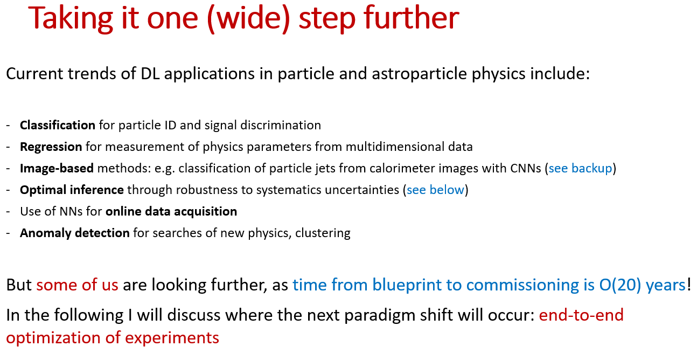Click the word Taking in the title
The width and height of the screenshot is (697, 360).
tap(71, 19)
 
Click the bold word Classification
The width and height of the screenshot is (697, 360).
tap(58, 125)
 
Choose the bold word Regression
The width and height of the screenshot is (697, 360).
tap(51, 147)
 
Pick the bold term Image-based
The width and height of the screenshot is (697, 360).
tap(57, 169)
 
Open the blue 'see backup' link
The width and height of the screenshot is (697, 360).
tap(580, 169)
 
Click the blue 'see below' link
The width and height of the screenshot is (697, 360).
tap(435, 190)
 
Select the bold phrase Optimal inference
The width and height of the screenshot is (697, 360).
tap(72, 190)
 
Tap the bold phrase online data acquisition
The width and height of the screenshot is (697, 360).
tap(171, 212)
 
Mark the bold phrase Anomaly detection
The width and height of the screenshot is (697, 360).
tap(75, 233)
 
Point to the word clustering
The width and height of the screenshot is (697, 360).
tap(323, 233)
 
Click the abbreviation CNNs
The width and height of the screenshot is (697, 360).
tap(526, 169)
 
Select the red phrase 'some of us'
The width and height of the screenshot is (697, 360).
tap(77, 285)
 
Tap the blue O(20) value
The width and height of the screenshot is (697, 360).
tap(620, 285)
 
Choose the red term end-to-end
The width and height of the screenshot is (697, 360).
tap(581, 315)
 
